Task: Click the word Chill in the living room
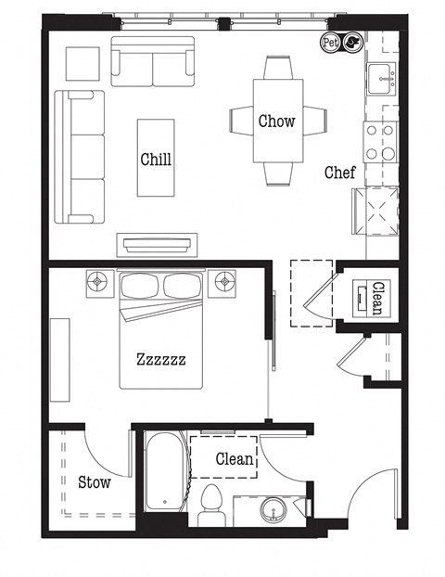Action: (x=156, y=159)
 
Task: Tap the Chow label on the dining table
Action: (x=277, y=121)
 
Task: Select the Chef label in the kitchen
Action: (x=337, y=173)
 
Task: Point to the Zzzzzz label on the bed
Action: (x=161, y=358)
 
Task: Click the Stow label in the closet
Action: (x=94, y=481)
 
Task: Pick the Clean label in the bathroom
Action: (x=235, y=458)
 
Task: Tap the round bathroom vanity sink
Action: (x=274, y=509)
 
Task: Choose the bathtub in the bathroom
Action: (x=166, y=474)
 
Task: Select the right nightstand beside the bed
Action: (x=224, y=282)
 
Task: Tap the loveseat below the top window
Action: (x=153, y=61)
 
